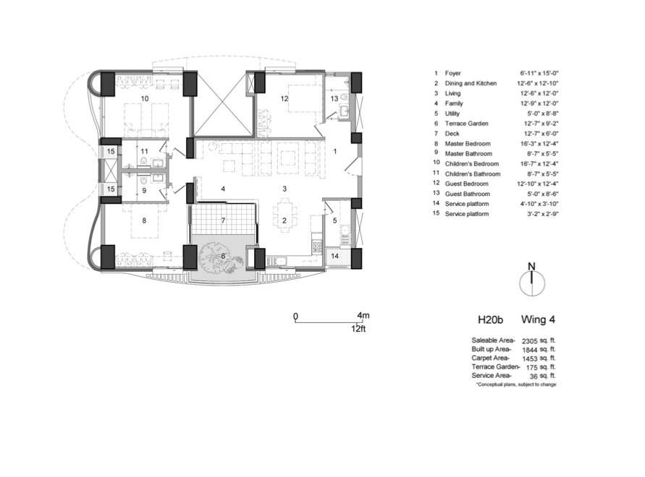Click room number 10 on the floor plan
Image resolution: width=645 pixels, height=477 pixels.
[x=145, y=98]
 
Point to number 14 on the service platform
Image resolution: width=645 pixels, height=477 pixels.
[x=334, y=256]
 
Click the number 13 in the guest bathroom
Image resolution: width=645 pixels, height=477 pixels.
[x=334, y=98]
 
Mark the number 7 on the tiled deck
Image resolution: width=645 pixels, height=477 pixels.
[x=224, y=219]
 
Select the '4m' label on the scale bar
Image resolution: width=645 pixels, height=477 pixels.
[x=363, y=316]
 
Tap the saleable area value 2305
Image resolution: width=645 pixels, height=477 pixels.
[x=530, y=340]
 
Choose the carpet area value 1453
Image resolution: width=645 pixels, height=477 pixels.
[x=530, y=358]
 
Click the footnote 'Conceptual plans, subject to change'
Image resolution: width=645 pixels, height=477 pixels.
[x=515, y=384]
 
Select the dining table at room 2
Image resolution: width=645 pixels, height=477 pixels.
[x=284, y=213]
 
